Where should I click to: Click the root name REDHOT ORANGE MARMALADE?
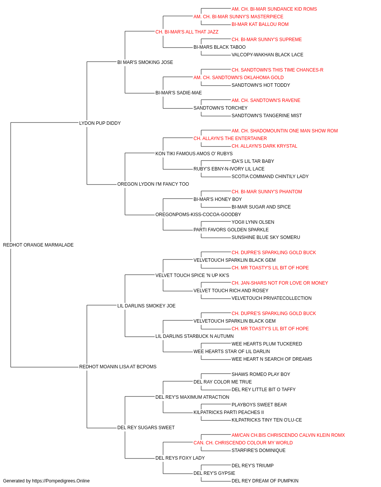point(38,245)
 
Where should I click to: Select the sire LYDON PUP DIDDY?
point(100,123)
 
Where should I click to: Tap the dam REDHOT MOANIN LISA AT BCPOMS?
point(118,367)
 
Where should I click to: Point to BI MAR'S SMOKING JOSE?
point(145,62)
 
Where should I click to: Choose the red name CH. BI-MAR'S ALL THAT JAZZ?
point(187,32)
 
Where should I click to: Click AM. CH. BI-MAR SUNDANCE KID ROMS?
point(274,9)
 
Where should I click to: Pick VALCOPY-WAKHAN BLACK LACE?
point(267,55)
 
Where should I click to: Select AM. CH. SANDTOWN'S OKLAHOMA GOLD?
point(239,78)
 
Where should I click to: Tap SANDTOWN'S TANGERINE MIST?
point(267,116)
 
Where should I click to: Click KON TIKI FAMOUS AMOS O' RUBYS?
point(194,153)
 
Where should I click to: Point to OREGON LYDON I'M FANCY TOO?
point(153,184)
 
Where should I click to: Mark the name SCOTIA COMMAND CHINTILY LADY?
point(270,177)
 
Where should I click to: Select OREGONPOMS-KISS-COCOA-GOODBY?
point(198,215)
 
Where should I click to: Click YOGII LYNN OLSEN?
point(253,222)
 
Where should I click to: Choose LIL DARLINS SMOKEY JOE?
point(146,306)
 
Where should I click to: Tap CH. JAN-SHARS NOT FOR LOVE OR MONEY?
point(280,283)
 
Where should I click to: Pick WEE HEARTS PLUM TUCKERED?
point(267,344)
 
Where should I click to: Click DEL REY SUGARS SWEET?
point(146,427)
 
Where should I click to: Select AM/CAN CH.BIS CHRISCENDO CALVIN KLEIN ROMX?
point(288,435)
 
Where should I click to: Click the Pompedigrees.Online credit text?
point(46,481)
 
